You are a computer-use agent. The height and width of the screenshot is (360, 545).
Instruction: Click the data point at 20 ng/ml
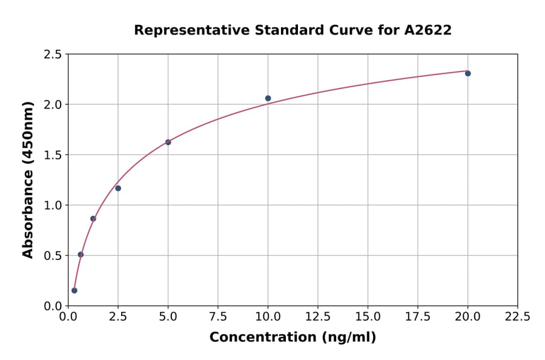467,73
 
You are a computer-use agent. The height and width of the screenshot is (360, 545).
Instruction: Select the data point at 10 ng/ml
268,98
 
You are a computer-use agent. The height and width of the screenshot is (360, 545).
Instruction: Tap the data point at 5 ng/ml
168,142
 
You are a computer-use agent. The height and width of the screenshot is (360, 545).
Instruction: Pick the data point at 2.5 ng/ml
118,188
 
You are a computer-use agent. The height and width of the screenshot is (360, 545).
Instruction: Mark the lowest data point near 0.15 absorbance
74,290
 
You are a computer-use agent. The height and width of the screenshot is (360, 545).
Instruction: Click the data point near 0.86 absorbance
93,219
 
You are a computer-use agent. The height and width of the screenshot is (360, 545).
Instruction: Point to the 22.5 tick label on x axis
517,316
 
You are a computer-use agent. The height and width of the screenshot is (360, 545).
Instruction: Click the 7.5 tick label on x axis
218,316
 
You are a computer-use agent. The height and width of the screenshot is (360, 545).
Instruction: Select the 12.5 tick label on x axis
318,316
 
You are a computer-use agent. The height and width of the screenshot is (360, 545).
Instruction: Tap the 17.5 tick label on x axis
418,316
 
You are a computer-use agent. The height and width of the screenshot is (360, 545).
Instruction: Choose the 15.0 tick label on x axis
368,316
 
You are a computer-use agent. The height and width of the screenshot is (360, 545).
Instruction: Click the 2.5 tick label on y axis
52,55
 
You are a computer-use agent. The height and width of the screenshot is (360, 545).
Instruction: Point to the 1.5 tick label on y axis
52,155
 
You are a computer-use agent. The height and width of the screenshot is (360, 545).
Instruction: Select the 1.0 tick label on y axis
52,205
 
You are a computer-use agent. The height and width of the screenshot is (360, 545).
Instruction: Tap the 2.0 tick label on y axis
52,105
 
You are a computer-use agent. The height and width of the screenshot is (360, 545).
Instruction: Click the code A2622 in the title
428,30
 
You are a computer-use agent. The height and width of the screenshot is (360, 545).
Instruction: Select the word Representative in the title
184,30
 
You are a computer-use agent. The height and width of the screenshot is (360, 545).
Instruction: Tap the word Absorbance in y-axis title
28,216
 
